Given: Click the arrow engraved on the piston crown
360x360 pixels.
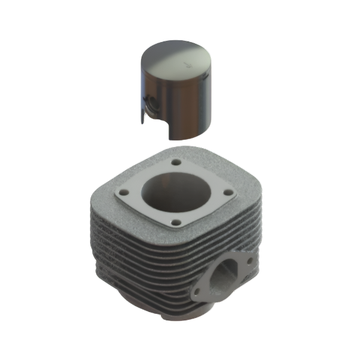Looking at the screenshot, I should (187, 62).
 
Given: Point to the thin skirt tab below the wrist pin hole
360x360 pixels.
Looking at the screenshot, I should (143, 116).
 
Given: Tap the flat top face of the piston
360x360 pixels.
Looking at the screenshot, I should (177, 56).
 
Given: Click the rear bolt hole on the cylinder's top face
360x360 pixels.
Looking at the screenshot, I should (176, 163).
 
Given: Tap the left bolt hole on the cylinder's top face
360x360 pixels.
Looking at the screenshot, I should (123, 193).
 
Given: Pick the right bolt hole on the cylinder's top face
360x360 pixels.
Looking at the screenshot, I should (228, 193).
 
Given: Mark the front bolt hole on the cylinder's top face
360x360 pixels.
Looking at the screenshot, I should (175, 223).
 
